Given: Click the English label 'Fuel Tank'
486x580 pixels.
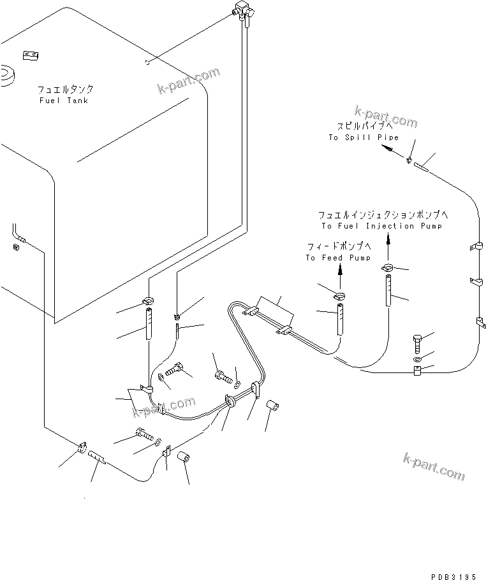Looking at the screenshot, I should (x=64, y=101).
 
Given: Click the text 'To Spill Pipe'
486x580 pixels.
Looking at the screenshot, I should (x=364, y=138).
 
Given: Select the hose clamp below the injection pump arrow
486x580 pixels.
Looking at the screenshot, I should (x=388, y=267).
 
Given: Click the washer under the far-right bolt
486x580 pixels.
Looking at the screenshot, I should (x=416, y=360).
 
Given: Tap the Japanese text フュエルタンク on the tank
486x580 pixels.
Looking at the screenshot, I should (x=66, y=90).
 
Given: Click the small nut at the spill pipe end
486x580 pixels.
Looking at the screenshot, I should (x=409, y=160).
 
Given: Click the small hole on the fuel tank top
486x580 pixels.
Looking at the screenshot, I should (x=147, y=62).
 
